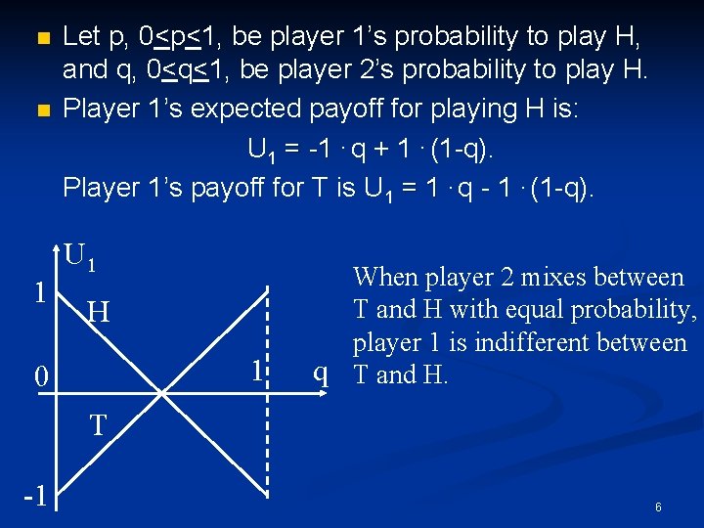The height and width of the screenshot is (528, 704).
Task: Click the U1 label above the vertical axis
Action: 80,256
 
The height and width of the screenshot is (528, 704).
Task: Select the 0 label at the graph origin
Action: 39,376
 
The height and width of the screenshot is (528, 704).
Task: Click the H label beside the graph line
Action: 98,314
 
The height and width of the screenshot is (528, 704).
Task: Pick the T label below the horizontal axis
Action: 98,425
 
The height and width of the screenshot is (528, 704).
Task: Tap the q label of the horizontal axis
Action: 320,373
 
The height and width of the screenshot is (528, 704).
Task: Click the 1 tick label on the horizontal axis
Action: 257,371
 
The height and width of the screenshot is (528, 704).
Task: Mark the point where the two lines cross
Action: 163,391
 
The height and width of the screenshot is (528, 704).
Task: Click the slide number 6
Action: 658,507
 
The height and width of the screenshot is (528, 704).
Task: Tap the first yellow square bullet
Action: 40,40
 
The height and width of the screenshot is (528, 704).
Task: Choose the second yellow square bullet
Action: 40,110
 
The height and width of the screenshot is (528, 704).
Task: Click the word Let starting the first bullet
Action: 81,37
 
